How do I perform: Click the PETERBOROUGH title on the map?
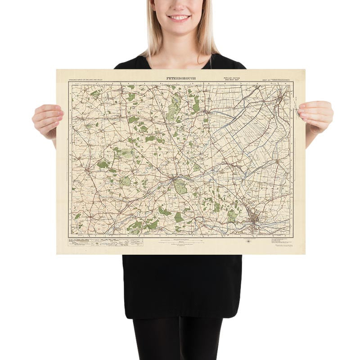click(181, 78)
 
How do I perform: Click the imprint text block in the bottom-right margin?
click(282, 241)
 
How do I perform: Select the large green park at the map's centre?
click(180, 186)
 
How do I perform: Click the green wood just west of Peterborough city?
click(232, 216)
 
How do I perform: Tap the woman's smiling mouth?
click(180, 18)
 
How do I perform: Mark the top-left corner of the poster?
click(57, 69)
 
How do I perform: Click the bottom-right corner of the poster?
click(305, 254)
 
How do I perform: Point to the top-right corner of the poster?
click(305, 69)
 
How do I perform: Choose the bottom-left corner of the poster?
click(57, 254)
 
